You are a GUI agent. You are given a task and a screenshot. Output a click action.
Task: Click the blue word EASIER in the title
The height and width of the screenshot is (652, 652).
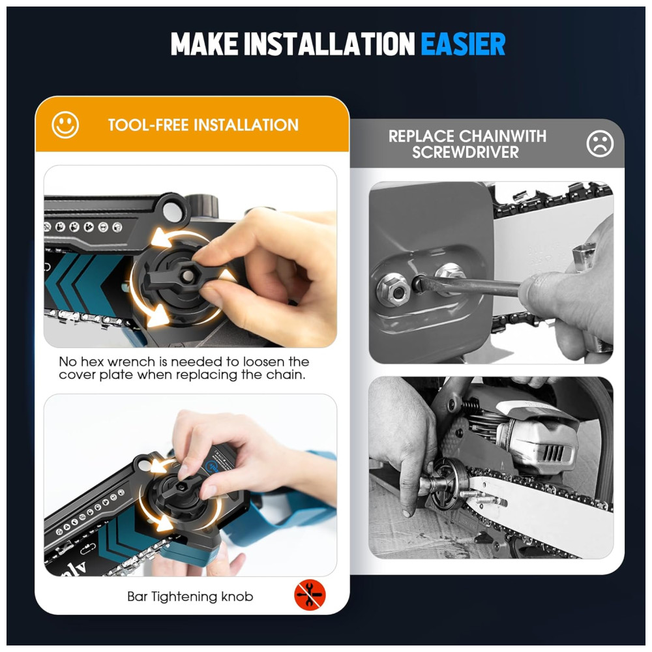pos(463,44)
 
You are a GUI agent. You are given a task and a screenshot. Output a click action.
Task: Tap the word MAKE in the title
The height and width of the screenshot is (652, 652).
pos(204,44)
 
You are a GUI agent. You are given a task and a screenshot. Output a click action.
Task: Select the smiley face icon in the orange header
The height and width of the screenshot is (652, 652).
pos(65,125)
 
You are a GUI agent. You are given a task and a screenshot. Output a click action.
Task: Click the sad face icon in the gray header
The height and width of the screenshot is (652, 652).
pos(600,144)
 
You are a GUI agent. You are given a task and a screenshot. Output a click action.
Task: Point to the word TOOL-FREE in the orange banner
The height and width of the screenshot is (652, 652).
pos(148,125)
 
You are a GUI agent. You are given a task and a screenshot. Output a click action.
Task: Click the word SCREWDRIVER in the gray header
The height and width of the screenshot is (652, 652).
pos(466,152)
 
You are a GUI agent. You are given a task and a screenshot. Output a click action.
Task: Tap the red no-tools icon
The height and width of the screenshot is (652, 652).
pos(310,596)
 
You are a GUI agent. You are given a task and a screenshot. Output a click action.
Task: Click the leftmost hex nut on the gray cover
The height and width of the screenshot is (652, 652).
pos(393,291)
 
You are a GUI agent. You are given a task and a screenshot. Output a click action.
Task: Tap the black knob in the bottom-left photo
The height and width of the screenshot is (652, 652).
pos(181,495)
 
